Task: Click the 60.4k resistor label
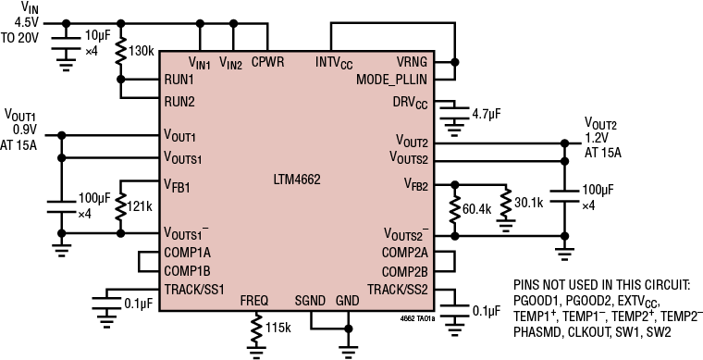(477, 211)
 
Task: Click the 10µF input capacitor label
(98, 34)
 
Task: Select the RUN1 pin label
(179, 81)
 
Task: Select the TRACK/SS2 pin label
(396, 290)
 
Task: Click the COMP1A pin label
(188, 252)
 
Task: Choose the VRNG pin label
(411, 62)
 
